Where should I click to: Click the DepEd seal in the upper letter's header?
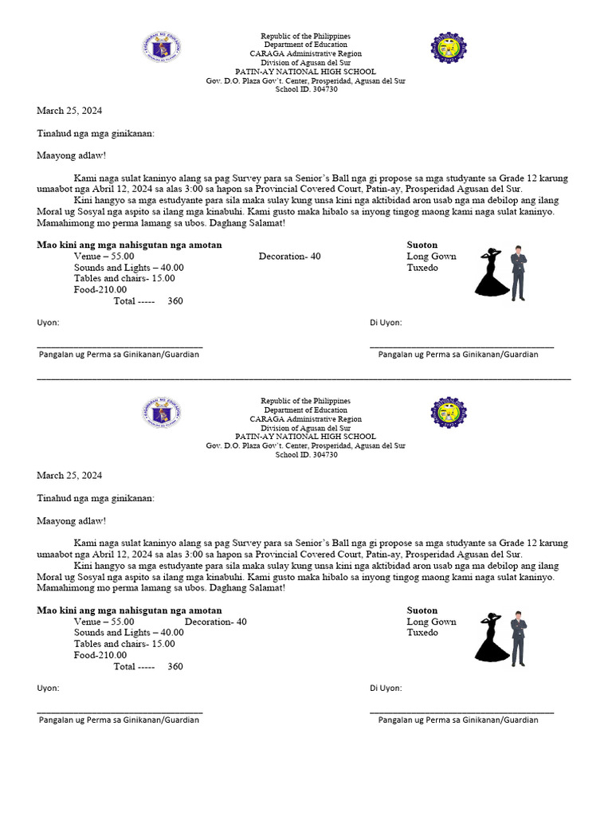pos(161,48)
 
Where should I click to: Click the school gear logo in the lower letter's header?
pos(449,412)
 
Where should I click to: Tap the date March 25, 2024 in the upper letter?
pos(69,111)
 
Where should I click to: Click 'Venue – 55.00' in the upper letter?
pos(104,257)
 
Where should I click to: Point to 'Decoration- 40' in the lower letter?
pos(216,622)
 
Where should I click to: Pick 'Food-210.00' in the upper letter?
pos(100,289)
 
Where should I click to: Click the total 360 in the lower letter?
pos(175,666)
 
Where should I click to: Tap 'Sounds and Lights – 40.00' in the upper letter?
pos(128,268)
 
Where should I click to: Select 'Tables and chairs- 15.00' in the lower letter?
pos(124,644)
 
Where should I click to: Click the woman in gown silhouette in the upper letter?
pos(492,273)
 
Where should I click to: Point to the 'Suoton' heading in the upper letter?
pos(422,245)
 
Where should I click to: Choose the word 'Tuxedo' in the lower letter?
pos(422,633)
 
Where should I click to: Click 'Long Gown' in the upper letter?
pos(431,257)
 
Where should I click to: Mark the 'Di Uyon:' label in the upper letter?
pos(386,323)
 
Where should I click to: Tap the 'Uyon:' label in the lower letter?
pos(48,688)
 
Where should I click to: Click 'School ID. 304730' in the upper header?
pos(306,90)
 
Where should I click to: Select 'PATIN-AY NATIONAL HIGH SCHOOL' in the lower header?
pos(306,437)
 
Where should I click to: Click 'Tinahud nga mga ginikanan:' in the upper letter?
pos(96,134)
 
